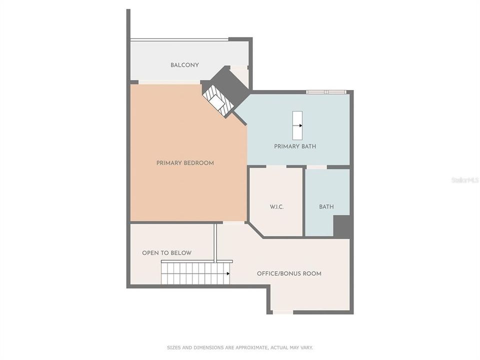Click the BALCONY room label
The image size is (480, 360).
tap(184, 65)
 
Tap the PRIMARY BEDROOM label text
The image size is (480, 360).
tap(185, 163)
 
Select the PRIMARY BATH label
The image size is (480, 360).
tap(295, 146)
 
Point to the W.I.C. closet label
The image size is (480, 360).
tap(276, 207)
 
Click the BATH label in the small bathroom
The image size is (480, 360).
tap(326, 207)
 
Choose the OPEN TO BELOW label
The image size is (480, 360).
tap(166, 253)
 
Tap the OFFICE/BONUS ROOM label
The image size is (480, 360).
tap(289, 273)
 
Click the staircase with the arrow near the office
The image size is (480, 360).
tap(195, 273)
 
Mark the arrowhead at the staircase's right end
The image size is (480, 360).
tap(228, 273)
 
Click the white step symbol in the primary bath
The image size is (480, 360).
tap(297, 125)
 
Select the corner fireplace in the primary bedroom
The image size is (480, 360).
tap(219, 100)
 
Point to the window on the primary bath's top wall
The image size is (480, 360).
tap(326, 92)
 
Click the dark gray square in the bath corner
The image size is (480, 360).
tap(342, 226)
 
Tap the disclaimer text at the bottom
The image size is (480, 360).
tap(240, 347)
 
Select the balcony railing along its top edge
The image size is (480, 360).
tap(179, 40)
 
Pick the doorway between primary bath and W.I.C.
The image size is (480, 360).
tap(276, 166)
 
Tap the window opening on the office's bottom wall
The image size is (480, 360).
tap(283, 312)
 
